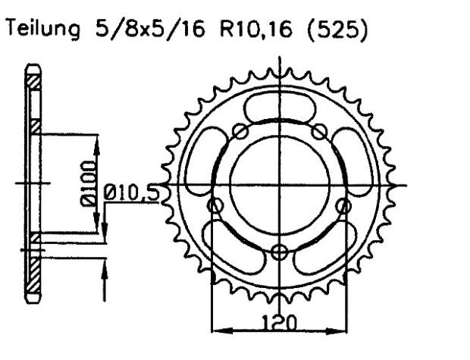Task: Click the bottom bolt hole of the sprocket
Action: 281,252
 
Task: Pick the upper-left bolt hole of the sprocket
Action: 241,133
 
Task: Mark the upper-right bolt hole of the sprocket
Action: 321,132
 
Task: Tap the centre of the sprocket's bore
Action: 281,185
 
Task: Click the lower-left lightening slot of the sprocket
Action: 231,243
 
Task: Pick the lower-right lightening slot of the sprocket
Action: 331,243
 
